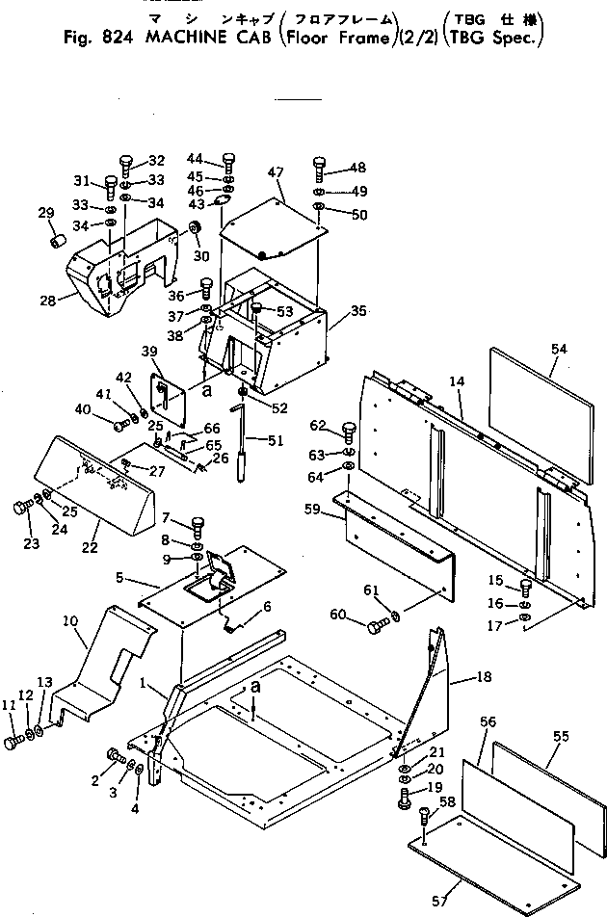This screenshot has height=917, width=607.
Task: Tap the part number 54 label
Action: click(x=561, y=345)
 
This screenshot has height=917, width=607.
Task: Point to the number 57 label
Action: click(x=439, y=901)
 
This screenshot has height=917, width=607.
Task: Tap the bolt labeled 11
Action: click(x=14, y=743)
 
